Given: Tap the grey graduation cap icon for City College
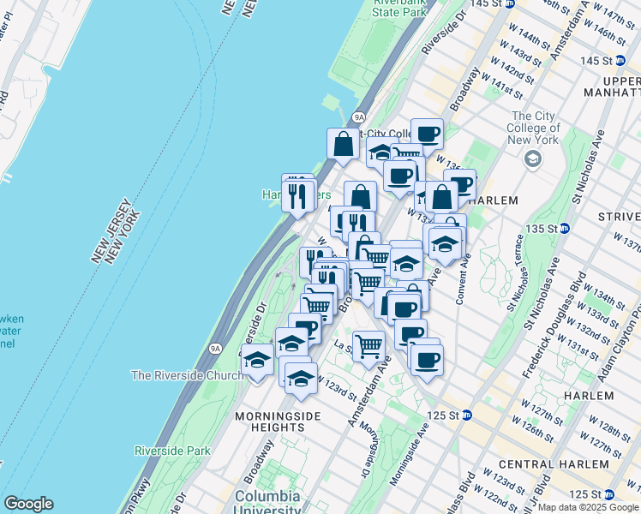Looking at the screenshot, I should coord(533,158).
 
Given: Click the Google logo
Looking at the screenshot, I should coord(28,504).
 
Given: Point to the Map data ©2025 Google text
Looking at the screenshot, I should coord(587,507).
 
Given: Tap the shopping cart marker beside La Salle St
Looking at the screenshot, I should coord(368,346).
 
